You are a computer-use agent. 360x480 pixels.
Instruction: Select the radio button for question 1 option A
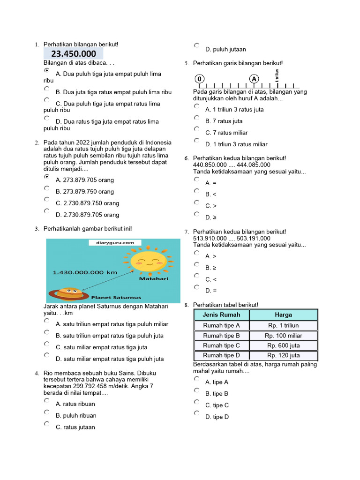[x=46, y=70]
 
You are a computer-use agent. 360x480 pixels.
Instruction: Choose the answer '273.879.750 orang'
[x=84, y=192]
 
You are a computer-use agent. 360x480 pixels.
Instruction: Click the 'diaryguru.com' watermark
[x=112, y=243]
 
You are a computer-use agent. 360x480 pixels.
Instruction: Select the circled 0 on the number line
[x=200, y=79]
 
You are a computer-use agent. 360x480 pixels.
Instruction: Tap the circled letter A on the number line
[x=254, y=79]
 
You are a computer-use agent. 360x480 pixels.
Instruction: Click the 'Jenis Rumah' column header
[x=222, y=315]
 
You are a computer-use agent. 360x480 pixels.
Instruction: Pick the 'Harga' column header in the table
[x=283, y=315]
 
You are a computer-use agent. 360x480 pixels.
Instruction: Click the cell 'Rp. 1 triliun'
[x=283, y=325]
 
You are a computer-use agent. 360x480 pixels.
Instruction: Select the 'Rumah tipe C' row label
[x=222, y=345]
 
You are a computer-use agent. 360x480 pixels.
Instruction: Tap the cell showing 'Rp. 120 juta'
[x=283, y=355]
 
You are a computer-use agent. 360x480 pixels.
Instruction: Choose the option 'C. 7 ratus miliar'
[x=226, y=133]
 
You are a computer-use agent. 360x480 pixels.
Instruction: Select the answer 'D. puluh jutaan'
[x=225, y=49]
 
